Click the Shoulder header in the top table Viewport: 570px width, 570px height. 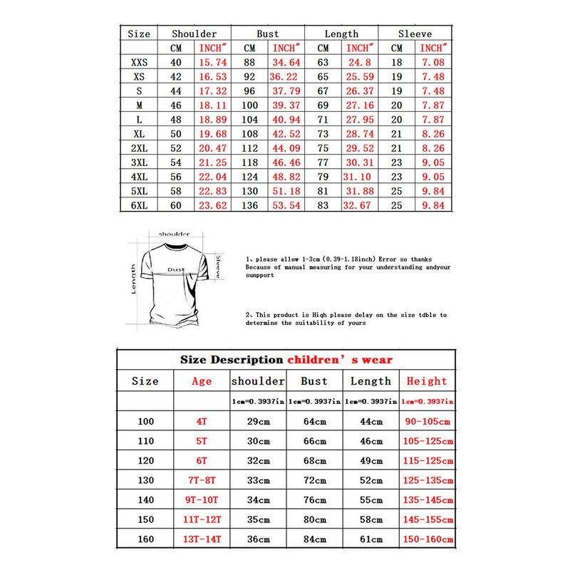(x=194, y=33)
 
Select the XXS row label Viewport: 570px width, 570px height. (x=139, y=63)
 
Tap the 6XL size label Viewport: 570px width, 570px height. (x=139, y=206)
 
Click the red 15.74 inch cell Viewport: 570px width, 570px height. (x=212, y=63)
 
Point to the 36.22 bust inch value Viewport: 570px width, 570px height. (x=285, y=77)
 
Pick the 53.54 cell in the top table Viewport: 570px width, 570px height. (x=286, y=206)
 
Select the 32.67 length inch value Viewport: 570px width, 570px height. (x=359, y=206)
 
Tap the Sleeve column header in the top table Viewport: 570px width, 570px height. (x=415, y=33)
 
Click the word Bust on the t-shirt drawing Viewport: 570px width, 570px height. (x=176, y=269)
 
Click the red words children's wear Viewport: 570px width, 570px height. (x=340, y=360)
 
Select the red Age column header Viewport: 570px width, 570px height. (x=202, y=381)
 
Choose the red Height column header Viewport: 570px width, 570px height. (x=427, y=381)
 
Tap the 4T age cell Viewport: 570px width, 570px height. (x=202, y=421)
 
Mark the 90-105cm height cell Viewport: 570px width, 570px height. (x=427, y=421)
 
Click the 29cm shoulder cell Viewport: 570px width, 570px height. (x=258, y=421)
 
